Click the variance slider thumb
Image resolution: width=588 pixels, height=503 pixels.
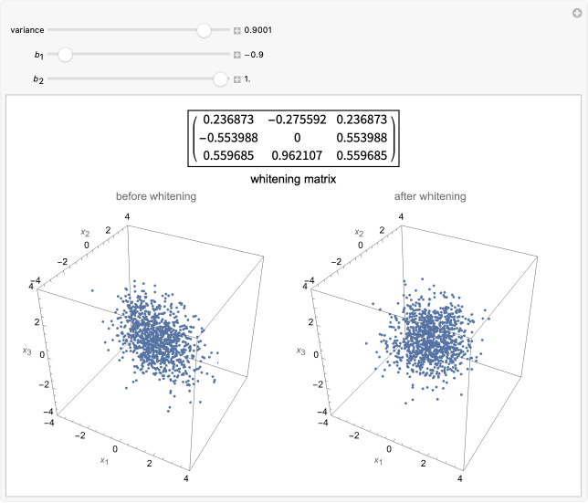click(204, 30)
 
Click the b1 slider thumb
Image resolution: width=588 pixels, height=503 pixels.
click(65, 55)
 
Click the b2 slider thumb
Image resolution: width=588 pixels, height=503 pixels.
click(220, 79)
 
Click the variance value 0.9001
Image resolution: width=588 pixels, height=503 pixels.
click(258, 30)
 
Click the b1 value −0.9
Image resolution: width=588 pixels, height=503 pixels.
click(255, 55)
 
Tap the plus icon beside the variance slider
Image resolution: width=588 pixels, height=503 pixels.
click(237, 30)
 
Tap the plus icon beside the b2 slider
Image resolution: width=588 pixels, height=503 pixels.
click(237, 79)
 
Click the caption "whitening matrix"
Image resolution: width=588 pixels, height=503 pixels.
click(293, 179)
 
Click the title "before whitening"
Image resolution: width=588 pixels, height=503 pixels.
click(155, 196)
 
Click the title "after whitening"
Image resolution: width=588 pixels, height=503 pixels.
click(430, 196)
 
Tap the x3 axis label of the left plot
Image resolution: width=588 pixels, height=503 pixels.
click(27, 349)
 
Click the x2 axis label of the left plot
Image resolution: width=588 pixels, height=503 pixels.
click(79, 235)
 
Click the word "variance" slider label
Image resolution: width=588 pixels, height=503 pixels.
click(27, 30)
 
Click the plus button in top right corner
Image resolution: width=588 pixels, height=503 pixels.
click(576, 11)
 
